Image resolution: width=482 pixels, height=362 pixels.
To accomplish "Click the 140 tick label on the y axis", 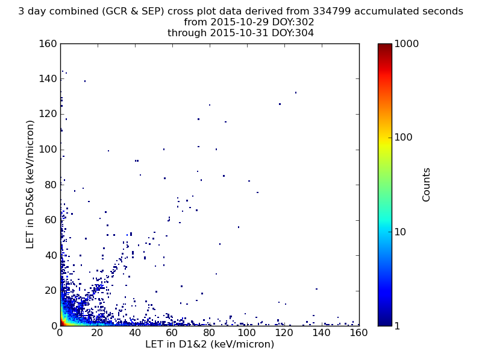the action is pos(48,79).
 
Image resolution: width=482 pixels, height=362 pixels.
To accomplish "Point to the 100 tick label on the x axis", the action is pos(246,333).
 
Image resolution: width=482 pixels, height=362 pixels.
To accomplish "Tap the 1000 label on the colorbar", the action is pos(406,43).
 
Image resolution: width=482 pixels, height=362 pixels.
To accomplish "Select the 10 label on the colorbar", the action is pos(400,232).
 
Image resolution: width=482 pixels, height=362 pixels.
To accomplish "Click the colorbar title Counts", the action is pos(426,185).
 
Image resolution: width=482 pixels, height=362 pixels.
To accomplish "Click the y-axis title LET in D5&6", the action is pos(30,185).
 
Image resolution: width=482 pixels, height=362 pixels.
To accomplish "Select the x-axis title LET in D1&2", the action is pos(210,344).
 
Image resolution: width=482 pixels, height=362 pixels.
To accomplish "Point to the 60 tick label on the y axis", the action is pos(51,220).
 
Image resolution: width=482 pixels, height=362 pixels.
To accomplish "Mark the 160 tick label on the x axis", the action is pos(358,333).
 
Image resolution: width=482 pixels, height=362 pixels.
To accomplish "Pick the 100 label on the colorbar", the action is pos(403,138).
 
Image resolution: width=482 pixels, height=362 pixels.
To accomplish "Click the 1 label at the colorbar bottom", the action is pos(397,326).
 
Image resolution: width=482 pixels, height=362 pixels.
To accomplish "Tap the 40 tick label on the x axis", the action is pos(134,333).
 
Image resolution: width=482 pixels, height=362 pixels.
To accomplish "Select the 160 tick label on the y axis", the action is pos(48,43).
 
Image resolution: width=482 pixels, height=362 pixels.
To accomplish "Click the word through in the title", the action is pos(187,33).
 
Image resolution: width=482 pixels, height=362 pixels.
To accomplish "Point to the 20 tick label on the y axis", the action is pos(51,290).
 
